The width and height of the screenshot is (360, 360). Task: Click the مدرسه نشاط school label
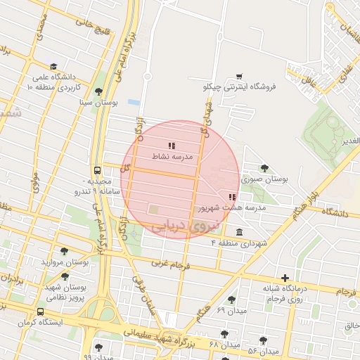172,157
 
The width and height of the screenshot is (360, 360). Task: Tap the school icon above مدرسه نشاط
172,146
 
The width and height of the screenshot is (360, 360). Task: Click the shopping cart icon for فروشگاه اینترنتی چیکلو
239,76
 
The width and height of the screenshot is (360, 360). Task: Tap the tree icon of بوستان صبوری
264,168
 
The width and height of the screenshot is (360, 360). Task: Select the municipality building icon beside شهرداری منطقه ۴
240,232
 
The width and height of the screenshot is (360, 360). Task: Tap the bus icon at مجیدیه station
97,170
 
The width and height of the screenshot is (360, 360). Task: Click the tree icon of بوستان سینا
98,92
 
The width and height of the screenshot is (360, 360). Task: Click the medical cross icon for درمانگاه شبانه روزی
285,278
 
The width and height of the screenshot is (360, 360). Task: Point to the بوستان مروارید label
64,262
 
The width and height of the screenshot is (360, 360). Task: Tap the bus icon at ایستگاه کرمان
40,311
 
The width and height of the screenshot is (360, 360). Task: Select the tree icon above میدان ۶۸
224,334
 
